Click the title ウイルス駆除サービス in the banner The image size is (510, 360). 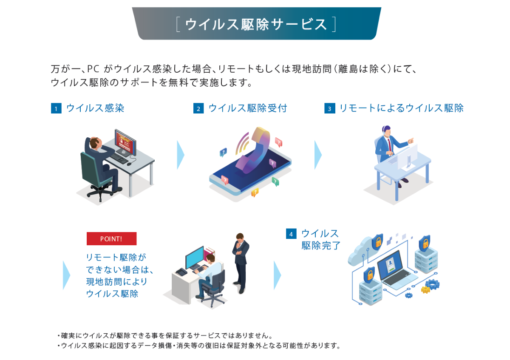256,24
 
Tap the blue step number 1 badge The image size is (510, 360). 56,108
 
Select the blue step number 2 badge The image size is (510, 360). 198,108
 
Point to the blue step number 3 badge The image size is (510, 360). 329,108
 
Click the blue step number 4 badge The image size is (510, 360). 291,234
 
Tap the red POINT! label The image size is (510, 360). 111,239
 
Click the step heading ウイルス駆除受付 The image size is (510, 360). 248,108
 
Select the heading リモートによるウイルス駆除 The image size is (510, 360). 401,108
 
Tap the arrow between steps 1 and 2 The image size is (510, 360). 181,155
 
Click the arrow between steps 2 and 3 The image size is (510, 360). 318,155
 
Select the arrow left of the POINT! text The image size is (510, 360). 66,275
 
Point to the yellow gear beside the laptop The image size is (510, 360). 425,290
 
